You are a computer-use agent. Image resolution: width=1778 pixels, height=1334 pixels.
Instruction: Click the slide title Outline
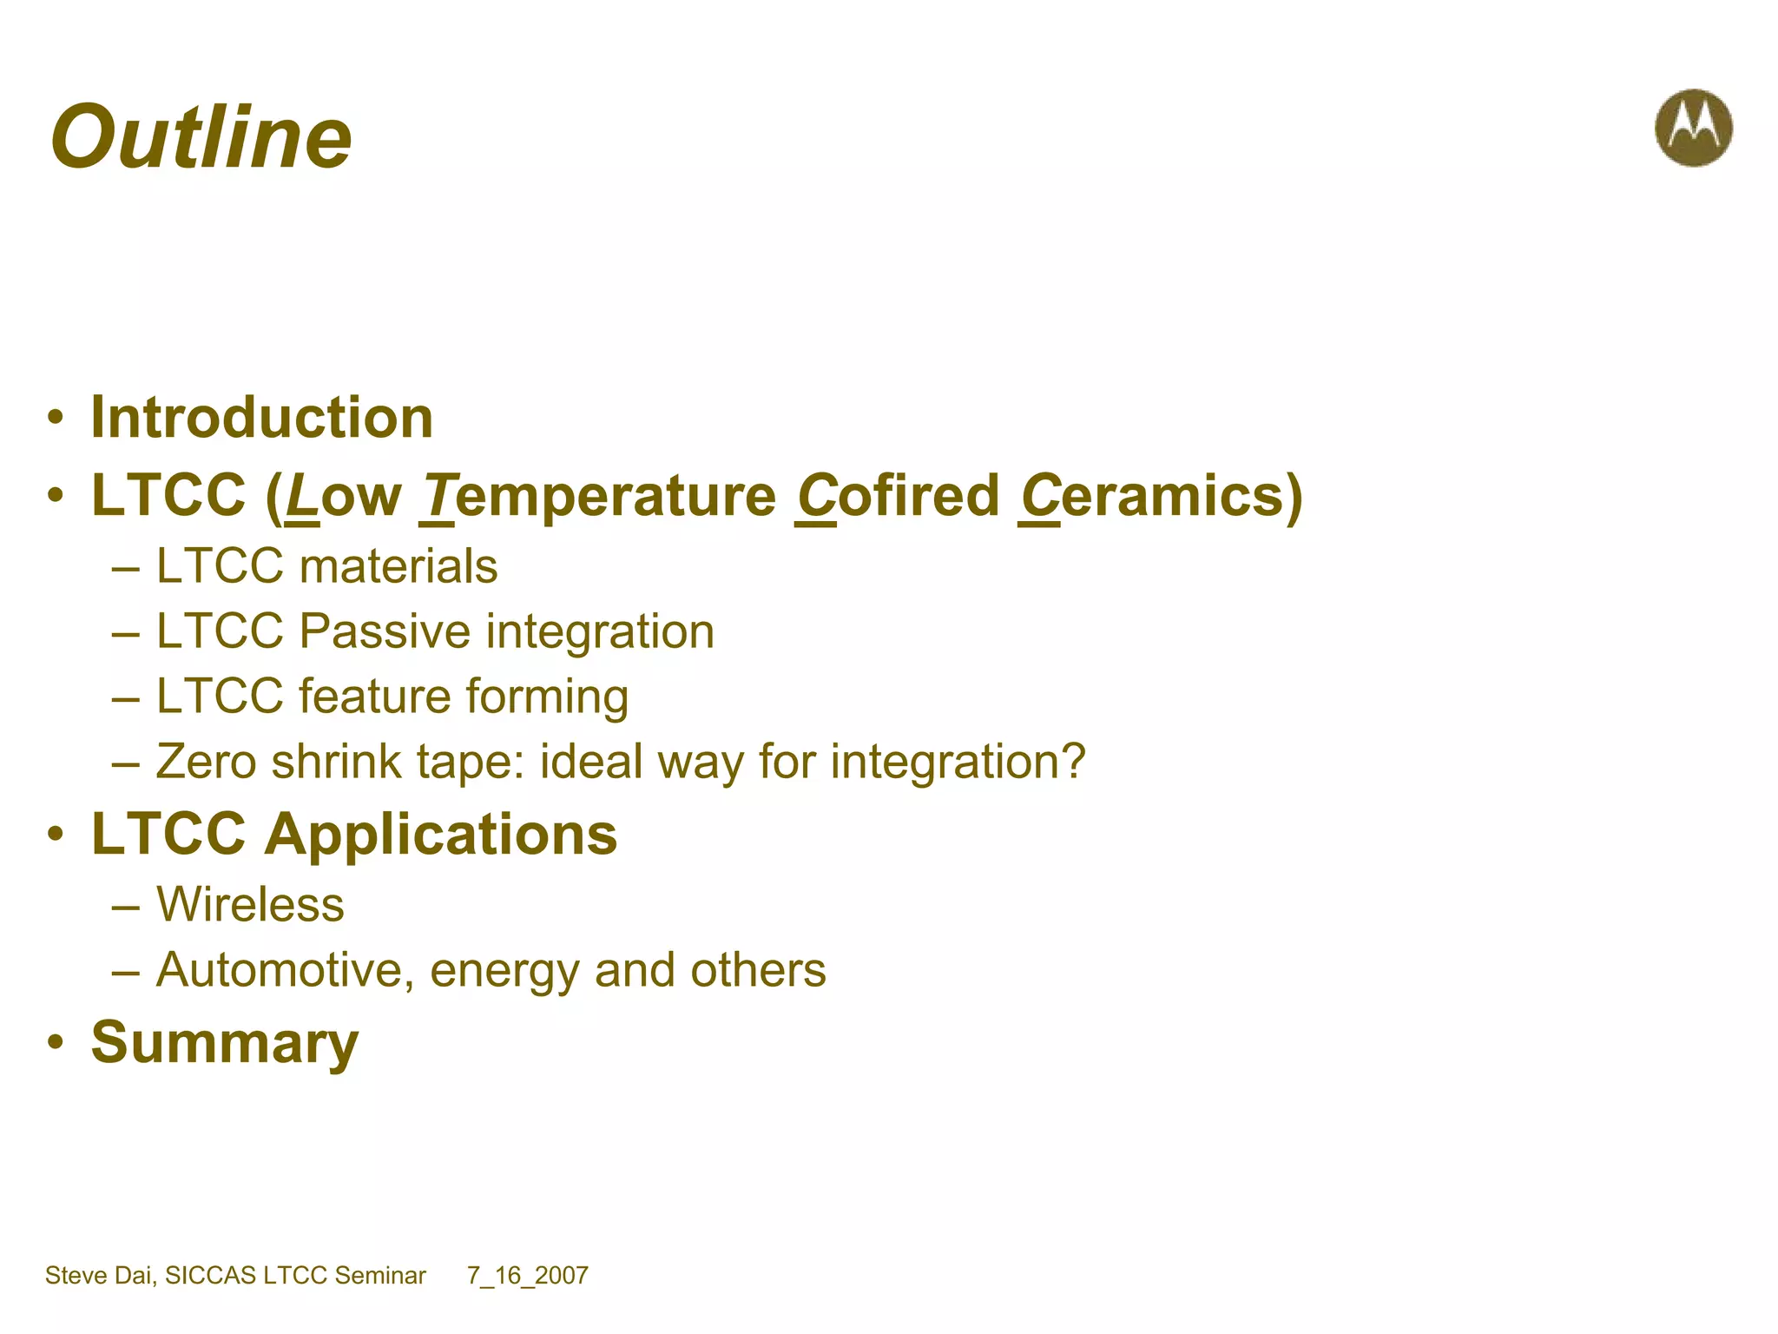click(201, 137)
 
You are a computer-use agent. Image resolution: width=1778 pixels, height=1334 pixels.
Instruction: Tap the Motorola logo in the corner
click(1693, 128)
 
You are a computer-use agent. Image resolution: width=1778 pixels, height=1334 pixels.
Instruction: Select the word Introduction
click(261, 418)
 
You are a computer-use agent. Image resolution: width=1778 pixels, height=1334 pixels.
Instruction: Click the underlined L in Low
click(301, 496)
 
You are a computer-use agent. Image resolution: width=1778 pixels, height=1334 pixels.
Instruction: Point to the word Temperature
click(598, 496)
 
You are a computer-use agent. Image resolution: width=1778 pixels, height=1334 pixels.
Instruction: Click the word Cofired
click(898, 496)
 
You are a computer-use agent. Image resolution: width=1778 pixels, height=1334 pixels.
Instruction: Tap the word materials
click(398, 566)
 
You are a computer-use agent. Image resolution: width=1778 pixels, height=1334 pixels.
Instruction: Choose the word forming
click(547, 697)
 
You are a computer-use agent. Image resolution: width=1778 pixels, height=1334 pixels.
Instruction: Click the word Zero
click(206, 762)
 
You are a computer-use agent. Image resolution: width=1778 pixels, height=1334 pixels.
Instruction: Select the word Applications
click(441, 835)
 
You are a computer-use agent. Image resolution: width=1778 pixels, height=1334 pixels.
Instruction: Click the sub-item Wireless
click(250, 905)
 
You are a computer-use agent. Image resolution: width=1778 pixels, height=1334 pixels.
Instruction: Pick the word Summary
click(225, 1043)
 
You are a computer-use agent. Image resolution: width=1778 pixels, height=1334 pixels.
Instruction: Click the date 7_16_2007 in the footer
click(528, 1275)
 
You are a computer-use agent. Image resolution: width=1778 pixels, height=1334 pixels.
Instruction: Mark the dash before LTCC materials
click(126, 569)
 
